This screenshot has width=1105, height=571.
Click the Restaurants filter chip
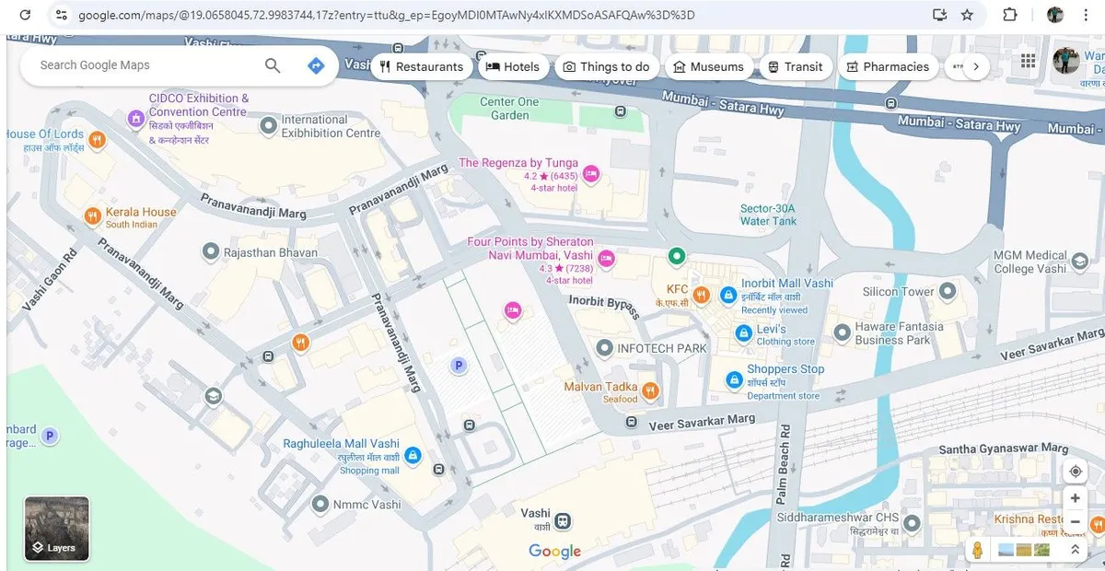pyautogui.click(x=421, y=66)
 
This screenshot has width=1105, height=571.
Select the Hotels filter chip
pyautogui.click(x=512, y=66)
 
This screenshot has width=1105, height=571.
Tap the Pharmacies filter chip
pyautogui.click(x=888, y=66)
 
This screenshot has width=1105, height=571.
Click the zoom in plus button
pyautogui.click(x=1075, y=498)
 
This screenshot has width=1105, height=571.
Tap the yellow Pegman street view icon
pyautogui.click(x=977, y=550)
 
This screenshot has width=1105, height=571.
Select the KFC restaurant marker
pyautogui.click(x=701, y=295)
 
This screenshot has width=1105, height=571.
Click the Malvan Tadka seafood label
pyautogui.click(x=600, y=387)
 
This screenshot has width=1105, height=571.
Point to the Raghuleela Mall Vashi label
pyautogui.click(x=341, y=444)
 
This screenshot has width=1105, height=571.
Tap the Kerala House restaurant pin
pyautogui.click(x=92, y=216)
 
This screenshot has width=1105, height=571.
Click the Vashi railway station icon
pyautogui.click(x=562, y=521)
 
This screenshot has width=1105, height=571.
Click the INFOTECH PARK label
pyautogui.click(x=662, y=348)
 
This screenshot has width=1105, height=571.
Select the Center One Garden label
pyautogui.click(x=509, y=108)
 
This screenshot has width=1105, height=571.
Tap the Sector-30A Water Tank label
pyautogui.click(x=768, y=215)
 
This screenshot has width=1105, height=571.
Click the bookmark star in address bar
pyautogui.click(x=967, y=15)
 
